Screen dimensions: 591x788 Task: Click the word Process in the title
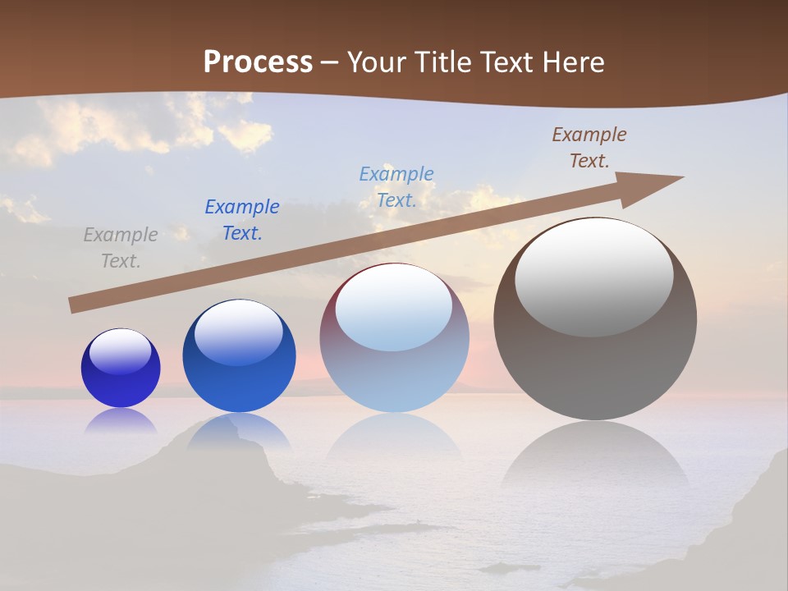click(258, 62)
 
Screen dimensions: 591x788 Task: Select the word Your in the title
click(379, 62)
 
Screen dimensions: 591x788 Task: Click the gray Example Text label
click(121, 248)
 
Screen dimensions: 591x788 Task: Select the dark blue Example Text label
click(242, 220)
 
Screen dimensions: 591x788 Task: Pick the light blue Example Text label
click(396, 187)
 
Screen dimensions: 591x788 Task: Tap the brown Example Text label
click(589, 148)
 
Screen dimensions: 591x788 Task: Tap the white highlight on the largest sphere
click(594, 277)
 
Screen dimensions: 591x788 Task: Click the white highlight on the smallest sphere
click(121, 351)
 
